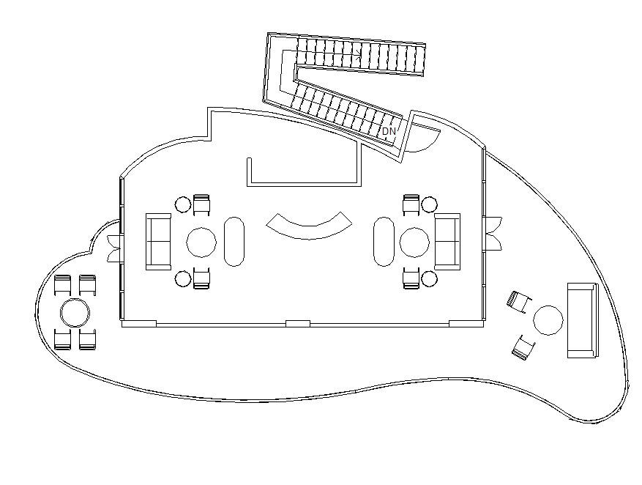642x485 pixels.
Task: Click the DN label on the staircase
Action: [389, 131]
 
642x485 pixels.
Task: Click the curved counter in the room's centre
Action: [309, 226]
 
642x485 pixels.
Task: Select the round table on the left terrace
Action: [75, 313]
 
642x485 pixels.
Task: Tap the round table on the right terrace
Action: [548, 320]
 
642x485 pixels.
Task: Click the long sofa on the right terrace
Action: [582, 320]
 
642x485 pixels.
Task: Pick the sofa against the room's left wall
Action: [158, 242]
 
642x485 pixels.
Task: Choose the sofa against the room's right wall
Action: [447, 242]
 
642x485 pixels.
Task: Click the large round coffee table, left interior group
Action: [201, 242]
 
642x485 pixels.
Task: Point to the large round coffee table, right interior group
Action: [415, 242]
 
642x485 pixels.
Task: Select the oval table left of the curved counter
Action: [234, 241]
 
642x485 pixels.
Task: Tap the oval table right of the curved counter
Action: [384, 241]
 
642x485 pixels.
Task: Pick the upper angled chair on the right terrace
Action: [518, 300]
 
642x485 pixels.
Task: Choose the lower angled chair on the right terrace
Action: [523, 347]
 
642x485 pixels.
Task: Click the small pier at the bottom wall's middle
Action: [297, 323]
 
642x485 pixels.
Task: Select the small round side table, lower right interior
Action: [430, 279]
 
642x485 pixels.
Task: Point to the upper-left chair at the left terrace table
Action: [63, 285]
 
